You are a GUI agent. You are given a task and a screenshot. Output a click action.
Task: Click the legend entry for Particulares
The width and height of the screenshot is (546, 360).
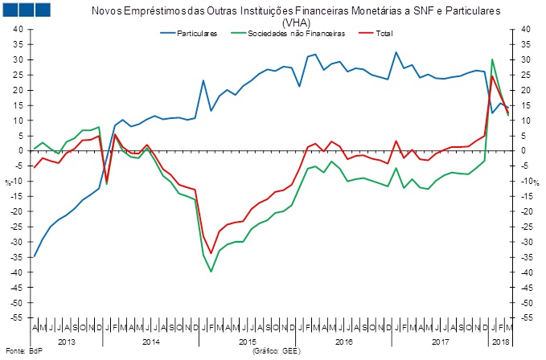click(x=198, y=33)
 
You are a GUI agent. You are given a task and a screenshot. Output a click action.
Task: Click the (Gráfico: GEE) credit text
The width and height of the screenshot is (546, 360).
click(x=276, y=351)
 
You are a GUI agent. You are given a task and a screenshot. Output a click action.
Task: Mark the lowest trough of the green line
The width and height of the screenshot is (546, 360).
click(x=211, y=272)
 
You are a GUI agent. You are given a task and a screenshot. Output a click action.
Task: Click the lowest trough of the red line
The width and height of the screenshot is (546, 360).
click(x=211, y=253)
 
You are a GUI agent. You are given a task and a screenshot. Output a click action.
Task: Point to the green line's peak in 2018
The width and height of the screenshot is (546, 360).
click(x=492, y=59)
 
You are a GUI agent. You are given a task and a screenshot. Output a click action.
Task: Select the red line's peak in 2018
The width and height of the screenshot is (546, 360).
click(x=492, y=76)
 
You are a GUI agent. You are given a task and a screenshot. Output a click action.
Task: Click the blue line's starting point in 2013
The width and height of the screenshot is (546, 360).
click(x=34, y=256)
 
